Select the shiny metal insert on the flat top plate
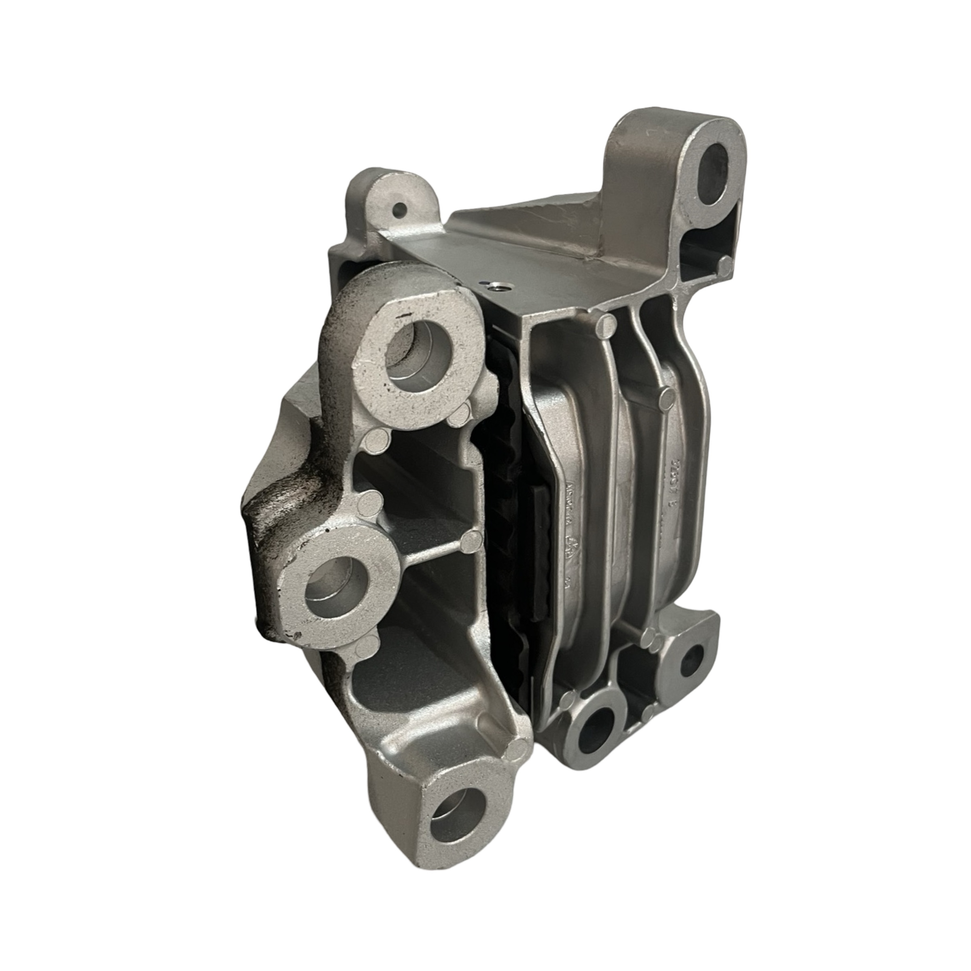497,286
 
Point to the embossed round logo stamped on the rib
570,546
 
